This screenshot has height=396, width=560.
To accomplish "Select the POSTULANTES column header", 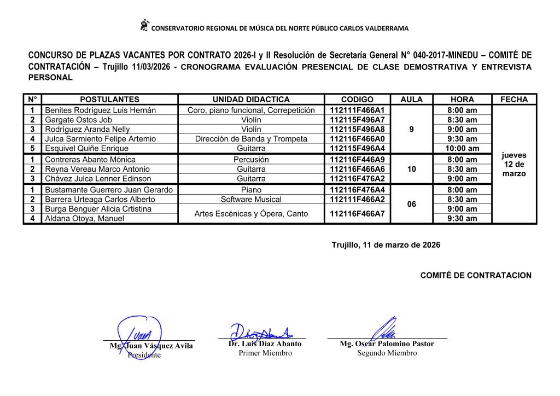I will click(109, 100).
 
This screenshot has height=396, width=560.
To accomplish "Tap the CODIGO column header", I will click(357, 100).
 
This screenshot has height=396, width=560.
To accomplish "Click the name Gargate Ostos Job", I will click(78, 120).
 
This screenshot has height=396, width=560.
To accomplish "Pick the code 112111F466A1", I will click(357, 110).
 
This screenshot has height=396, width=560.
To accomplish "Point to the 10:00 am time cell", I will click(462, 148).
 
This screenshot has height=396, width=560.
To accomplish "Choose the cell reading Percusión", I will click(251, 160).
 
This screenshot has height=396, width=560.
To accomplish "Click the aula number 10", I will click(412, 169).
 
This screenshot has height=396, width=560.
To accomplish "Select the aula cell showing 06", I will click(412, 204).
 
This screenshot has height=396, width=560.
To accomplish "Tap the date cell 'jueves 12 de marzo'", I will click(514, 164).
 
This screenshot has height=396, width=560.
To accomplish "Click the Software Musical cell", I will click(251, 199).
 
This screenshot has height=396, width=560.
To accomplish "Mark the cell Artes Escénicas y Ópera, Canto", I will click(251, 213).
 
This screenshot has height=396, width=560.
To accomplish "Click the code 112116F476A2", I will click(357, 178).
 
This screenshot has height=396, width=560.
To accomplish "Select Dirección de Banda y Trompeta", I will click(251, 139).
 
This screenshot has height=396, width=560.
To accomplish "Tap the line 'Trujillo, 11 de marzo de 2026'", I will click(386, 245).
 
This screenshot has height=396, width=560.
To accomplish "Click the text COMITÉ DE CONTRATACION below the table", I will click(475, 275).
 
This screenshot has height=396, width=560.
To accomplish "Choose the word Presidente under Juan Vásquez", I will click(144, 355).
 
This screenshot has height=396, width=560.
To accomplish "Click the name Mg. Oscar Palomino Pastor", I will click(387, 344).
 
